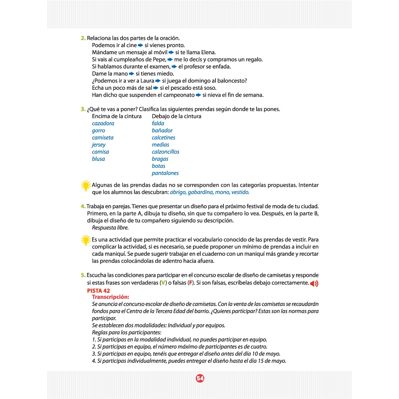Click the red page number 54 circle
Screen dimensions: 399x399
click(200, 379)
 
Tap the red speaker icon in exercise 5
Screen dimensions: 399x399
click(314, 284)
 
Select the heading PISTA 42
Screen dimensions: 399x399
click(98, 290)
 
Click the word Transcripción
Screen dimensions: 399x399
click(111, 297)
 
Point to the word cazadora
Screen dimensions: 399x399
click(103, 123)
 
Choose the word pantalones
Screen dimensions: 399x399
click(165, 173)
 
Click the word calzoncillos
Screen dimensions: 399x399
click(166, 152)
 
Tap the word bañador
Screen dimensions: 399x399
click(162, 130)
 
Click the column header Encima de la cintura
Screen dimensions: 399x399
click(117, 116)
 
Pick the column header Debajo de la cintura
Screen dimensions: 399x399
click(176, 116)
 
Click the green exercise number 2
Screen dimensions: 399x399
click(83, 38)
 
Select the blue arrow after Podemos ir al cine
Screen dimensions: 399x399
click(140, 45)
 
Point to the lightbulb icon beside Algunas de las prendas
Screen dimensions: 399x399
click(85, 186)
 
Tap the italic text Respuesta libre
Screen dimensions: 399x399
click(110, 228)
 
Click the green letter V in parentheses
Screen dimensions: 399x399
click(162, 283)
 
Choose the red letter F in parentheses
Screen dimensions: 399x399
click(190, 283)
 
